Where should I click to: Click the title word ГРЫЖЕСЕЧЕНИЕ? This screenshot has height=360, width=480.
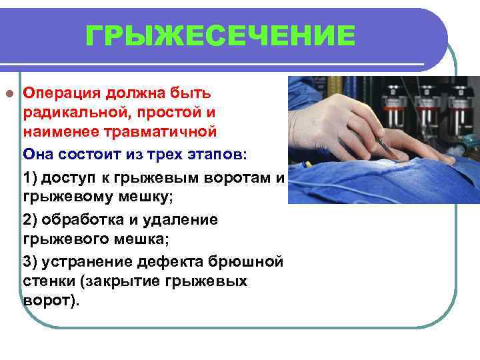coord(221,35)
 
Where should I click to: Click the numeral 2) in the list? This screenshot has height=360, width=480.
coord(32,219)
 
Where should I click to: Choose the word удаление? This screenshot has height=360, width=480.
coord(180,219)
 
